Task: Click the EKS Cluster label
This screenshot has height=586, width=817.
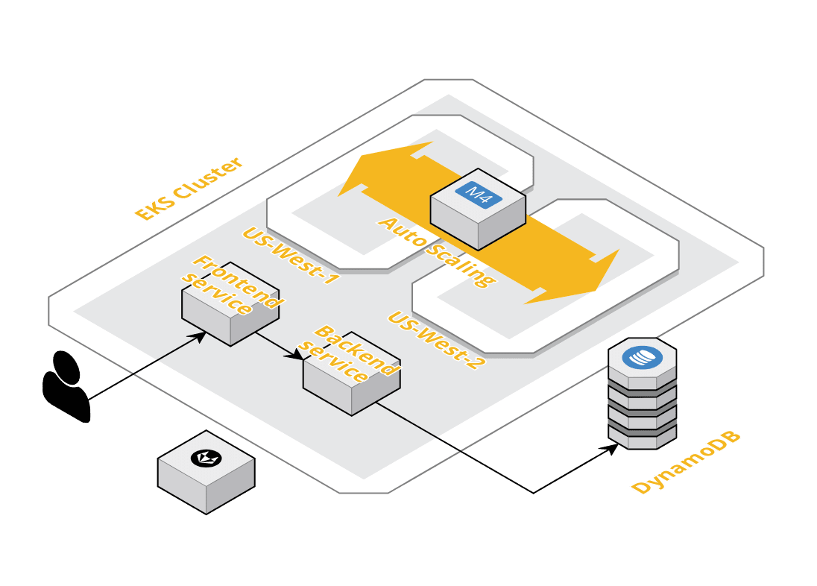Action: (188, 189)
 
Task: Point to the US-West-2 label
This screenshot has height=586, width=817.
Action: (436, 340)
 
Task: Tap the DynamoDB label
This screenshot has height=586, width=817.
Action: (686, 463)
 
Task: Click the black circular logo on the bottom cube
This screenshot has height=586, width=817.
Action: (206, 458)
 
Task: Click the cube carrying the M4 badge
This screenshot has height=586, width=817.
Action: (478, 216)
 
